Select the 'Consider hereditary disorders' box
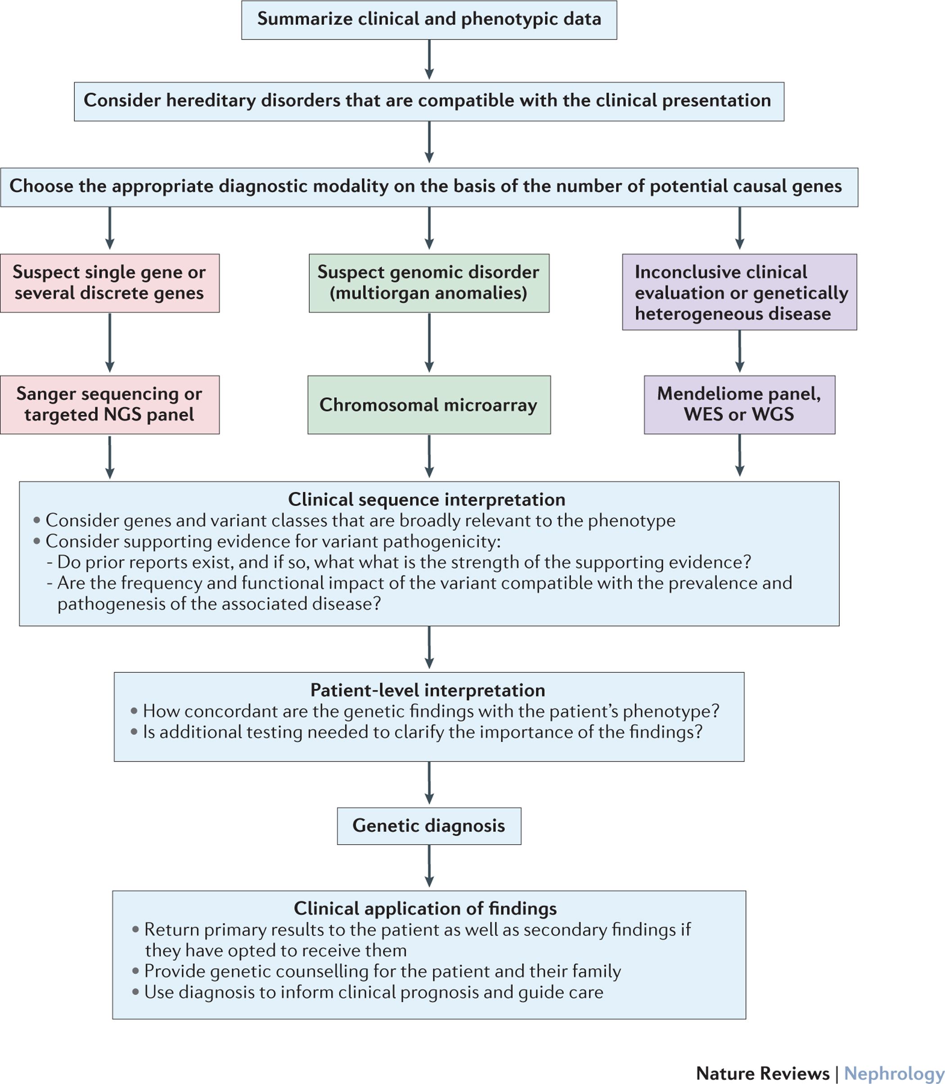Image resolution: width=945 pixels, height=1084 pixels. click(x=429, y=101)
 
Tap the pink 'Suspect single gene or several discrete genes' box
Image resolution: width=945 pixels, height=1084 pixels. click(x=109, y=283)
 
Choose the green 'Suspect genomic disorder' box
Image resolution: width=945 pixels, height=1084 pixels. click(x=428, y=283)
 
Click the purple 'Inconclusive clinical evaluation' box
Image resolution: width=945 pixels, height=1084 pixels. click(x=739, y=292)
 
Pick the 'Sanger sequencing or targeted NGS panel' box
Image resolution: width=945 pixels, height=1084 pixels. click(x=109, y=405)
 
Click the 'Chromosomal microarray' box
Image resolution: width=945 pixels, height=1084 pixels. click(x=429, y=405)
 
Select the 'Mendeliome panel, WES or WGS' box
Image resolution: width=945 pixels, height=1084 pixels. click(x=739, y=405)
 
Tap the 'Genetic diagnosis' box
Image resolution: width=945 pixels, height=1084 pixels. click(x=429, y=826)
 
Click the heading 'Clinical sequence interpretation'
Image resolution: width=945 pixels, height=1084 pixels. click(x=427, y=499)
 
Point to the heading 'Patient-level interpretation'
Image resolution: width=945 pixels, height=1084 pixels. click(x=427, y=690)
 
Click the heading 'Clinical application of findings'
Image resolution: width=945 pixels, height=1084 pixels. click(x=425, y=909)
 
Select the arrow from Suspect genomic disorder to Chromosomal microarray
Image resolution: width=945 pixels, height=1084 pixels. click(x=429, y=343)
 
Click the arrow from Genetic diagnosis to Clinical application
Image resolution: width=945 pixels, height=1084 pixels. click(x=429, y=866)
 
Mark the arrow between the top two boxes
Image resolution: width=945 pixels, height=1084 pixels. click(x=429, y=59)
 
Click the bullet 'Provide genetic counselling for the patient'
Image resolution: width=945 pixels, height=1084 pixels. click(x=382, y=971)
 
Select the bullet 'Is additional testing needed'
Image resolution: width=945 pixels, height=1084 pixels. click(x=423, y=732)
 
